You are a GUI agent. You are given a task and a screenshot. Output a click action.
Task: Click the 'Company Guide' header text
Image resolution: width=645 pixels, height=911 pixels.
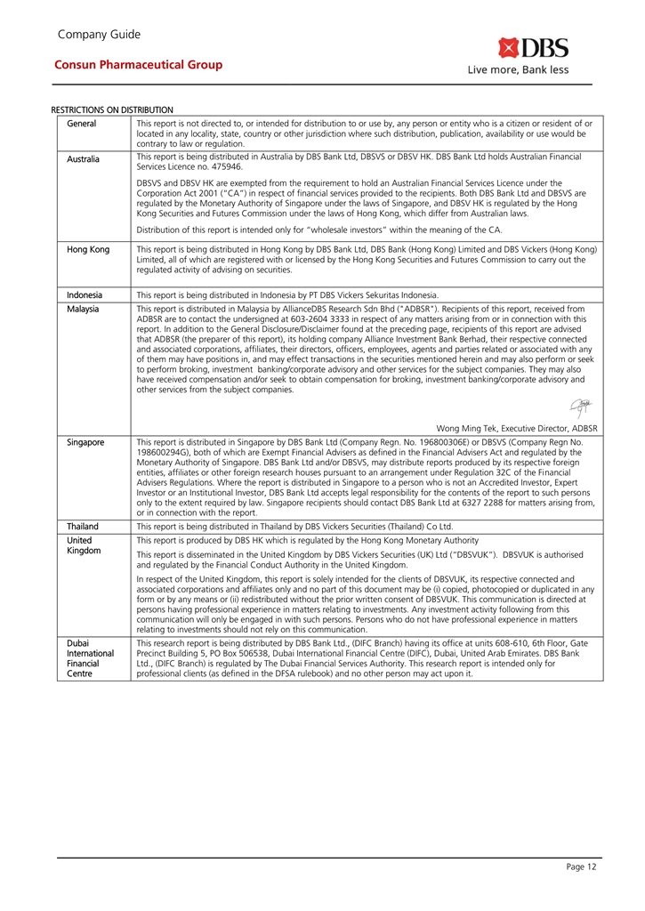[99, 35]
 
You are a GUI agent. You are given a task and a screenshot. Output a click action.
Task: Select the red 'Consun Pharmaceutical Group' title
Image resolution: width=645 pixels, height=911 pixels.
[139, 65]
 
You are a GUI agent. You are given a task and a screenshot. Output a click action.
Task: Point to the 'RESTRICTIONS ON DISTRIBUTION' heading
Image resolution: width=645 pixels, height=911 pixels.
[113, 110]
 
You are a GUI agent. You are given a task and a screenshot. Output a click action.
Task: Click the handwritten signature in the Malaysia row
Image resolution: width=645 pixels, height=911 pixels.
[585, 407]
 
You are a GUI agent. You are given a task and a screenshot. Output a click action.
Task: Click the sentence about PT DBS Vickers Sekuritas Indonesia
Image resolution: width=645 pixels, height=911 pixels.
[287, 294]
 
